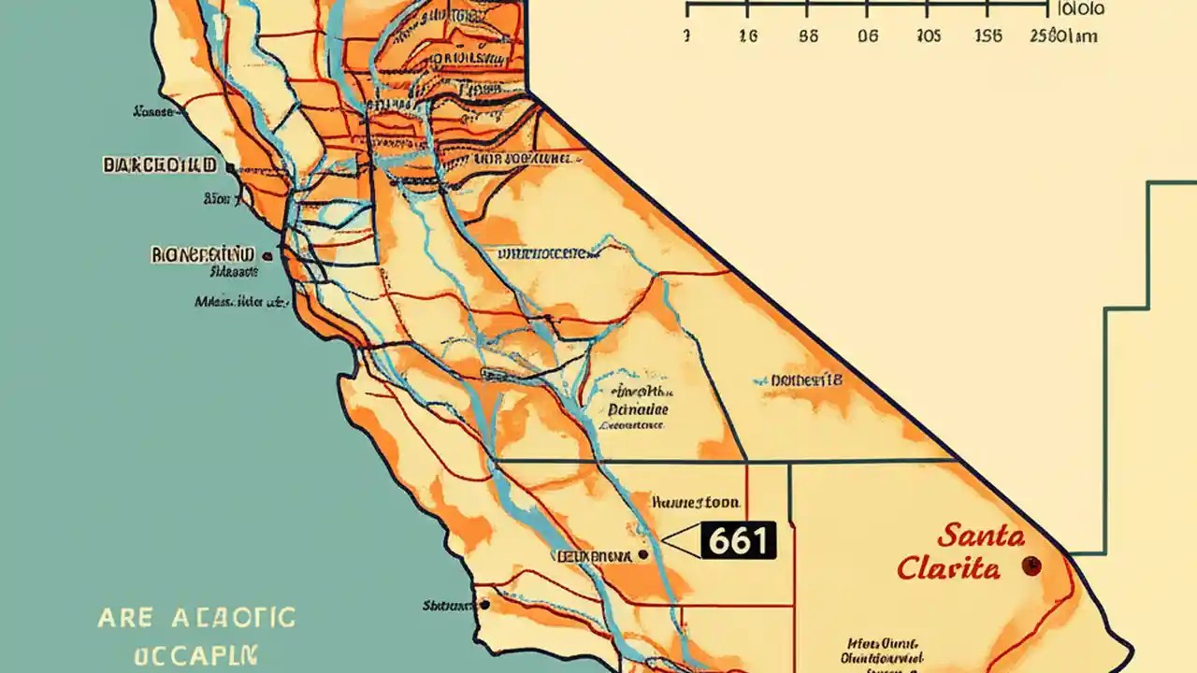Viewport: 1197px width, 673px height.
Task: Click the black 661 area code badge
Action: coord(738,540)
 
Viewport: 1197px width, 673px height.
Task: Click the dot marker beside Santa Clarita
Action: coord(1031,566)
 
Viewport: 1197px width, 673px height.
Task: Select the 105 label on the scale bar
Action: coord(928,36)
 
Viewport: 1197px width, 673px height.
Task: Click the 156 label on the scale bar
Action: coord(988,36)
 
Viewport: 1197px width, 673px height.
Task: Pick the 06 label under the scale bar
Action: coord(868,36)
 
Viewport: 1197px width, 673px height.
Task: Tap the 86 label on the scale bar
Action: coord(809,36)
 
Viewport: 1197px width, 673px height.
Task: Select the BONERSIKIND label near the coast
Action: coord(202,254)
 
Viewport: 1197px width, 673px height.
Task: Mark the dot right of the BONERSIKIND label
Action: coord(268,255)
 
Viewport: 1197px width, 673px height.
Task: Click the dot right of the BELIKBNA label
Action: coord(642,555)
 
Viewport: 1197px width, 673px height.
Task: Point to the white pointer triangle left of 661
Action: coord(682,540)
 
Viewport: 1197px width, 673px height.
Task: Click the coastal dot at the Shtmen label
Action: coord(484,605)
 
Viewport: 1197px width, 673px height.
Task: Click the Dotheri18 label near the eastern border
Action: coord(806,380)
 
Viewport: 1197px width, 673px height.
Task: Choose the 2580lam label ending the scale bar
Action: coord(1062,36)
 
